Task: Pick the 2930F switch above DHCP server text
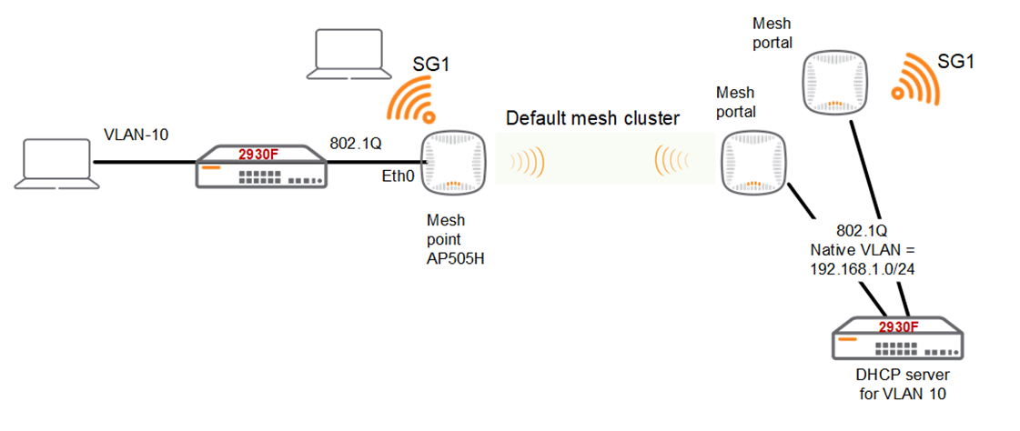(x=896, y=339)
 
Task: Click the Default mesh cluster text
(x=592, y=118)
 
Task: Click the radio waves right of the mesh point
(x=528, y=164)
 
